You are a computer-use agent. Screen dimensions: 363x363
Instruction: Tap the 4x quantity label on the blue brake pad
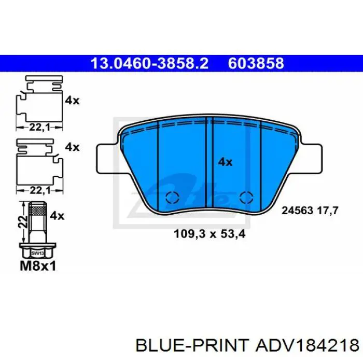click(x=225, y=162)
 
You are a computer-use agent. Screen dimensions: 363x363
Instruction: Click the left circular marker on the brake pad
click(x=172, y=197)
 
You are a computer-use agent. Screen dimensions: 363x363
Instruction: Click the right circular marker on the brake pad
click(x=246, y=197)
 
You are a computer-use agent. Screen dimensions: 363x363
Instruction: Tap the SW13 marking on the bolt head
click(x=36, y=254)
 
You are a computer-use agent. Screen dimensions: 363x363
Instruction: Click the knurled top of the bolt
click(x=37, y=210)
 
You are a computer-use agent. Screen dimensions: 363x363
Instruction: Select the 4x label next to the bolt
click(x=57, y=215)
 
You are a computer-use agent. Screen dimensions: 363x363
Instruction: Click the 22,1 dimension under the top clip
click(x=37, y=126)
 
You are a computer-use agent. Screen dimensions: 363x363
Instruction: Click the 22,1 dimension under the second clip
click(x=37, y=190)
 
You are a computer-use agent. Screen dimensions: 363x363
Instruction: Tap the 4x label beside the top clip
click(x=72, y=101)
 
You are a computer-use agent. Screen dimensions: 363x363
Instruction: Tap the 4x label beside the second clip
click(x=72, y=147)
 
